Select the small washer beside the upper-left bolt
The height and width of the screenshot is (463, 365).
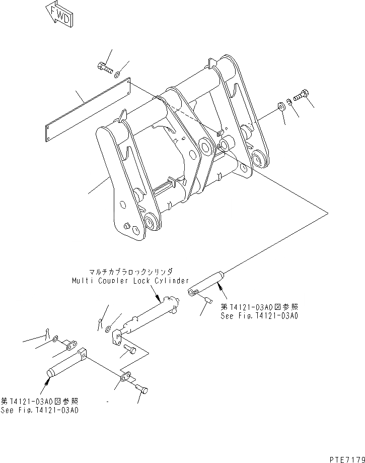coord(117,75)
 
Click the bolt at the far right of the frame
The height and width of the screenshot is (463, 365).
coord(300,95)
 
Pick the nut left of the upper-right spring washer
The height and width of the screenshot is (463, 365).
coord(280,107)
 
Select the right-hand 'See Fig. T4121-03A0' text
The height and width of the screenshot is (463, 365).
coord(260,316)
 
